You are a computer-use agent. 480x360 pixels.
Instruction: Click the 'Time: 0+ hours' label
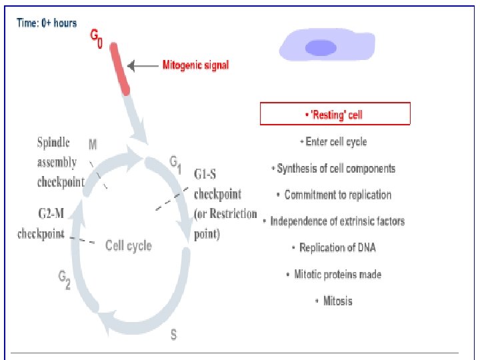click(x=47, y=23)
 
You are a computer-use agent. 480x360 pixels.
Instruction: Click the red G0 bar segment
click(x=121, y=68)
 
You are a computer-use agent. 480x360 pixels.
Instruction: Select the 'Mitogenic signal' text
click(x=196, y=65)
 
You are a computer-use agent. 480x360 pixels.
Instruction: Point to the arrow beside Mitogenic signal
click(x=141, y=65)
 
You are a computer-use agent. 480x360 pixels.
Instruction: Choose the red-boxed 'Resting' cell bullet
click(x=335, y=115)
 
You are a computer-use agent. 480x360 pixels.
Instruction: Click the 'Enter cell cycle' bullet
click(x=334, y=142)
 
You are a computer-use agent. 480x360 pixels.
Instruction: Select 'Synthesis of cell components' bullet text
click(x=333, y=169)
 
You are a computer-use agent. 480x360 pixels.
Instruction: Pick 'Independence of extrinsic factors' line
click(x=335, y=221)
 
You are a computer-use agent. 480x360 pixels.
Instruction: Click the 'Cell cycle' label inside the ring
click(x=129, y=246)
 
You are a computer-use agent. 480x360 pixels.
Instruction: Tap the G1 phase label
click(x=175, y=163)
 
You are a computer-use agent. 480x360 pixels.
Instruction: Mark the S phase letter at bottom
click(x=173, y=335)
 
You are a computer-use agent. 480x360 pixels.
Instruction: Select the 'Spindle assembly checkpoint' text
click(x=61, y=163)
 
